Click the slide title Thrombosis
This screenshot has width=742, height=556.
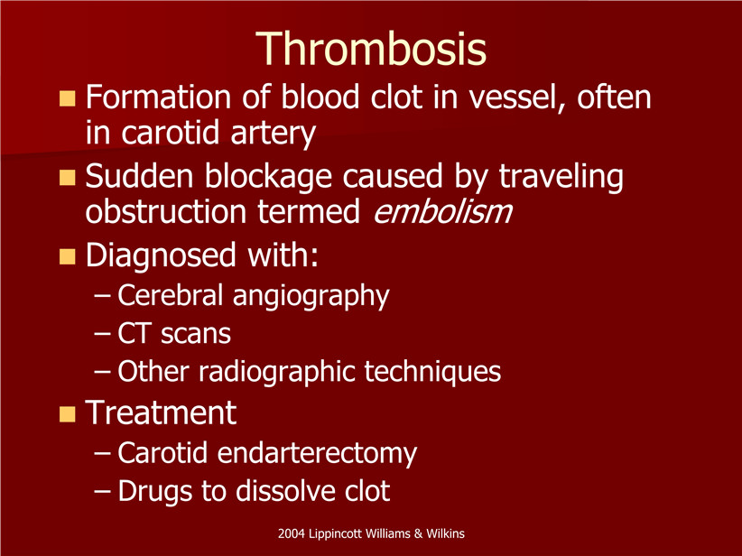click(x=370, y=49)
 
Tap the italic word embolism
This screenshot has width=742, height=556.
click(x=442, y=211)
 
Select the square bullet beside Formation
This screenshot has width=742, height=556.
click(x=67, y=98)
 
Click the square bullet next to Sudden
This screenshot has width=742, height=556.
click(x=67, y=178)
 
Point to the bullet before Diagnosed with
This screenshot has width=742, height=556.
click(x=67, y=256)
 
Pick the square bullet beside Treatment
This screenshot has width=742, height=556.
click(x=67, y=414)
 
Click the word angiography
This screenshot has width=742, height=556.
click(x=311, y=297)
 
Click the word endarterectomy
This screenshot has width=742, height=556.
click(x=317, y=453)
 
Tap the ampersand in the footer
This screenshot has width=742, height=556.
click(x=418, y=533)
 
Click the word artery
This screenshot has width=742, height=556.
click(x=273, y=134)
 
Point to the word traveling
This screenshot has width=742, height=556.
click(x=561, y=177)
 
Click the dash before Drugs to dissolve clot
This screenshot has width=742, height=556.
click(x=102, y=492)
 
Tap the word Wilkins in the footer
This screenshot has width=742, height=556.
click(x=445, y=533)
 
